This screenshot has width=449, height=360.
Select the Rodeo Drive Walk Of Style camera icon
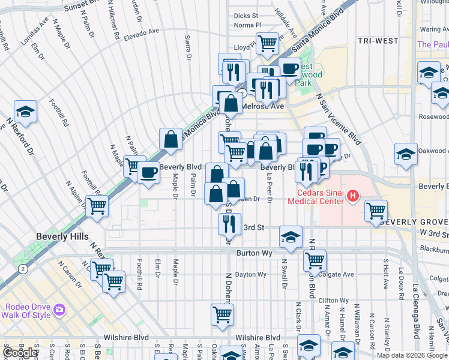59,310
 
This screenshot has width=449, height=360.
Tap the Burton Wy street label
255,254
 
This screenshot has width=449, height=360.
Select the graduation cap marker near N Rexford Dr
26,112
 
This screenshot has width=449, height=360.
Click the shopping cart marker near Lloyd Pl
267,43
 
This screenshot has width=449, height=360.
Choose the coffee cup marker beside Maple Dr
148,173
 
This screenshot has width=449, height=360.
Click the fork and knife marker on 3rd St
229,224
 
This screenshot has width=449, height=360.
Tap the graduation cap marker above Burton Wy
291,236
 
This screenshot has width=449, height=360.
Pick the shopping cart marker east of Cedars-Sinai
376,211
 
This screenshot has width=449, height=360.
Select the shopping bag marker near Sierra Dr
171,139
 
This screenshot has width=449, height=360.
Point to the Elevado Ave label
142,31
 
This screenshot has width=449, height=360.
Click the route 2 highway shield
22,269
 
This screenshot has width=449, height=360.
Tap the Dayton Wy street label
250,275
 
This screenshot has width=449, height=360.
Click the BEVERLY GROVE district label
414,221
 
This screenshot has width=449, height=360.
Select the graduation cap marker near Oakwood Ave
406,154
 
